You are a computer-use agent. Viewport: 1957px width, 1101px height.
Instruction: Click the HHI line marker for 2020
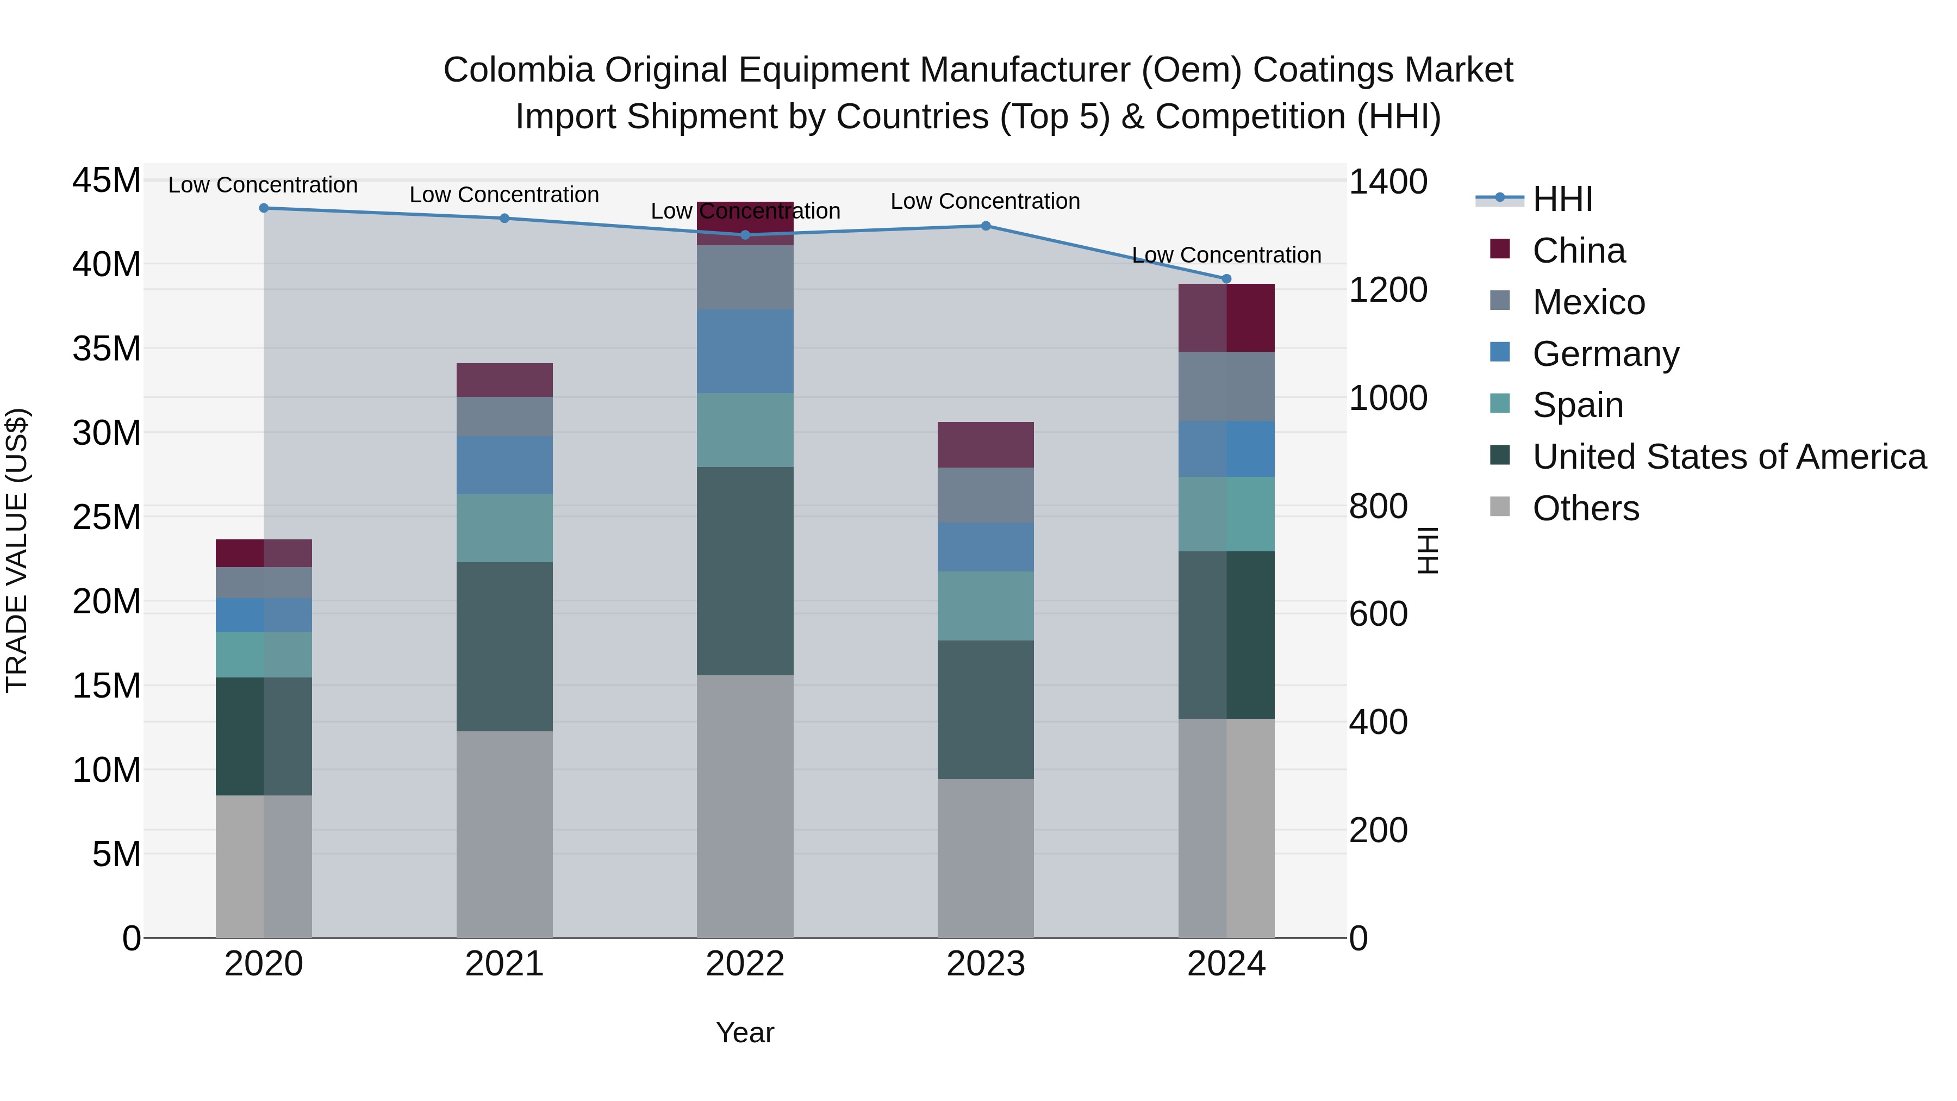[264, 208]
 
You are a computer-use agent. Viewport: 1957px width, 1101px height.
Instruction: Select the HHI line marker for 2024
[1226, 279]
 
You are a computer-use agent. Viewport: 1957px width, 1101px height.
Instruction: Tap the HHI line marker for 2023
[986, 226]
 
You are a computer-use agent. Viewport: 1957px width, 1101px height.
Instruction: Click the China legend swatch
[1500, 249]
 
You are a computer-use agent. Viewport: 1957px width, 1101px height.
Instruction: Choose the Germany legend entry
[1605, 354]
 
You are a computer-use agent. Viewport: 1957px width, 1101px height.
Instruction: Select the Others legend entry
[1586, 508]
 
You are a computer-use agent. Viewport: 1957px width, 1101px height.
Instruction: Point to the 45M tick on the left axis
[107, 181]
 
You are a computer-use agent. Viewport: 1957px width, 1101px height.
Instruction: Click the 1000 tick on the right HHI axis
[1387, 398]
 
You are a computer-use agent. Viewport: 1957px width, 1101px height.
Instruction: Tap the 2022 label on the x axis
[745, 964]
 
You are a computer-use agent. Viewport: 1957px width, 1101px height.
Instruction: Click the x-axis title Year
[745, 1032]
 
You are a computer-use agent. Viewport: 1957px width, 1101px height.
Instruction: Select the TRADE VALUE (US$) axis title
[17, 550]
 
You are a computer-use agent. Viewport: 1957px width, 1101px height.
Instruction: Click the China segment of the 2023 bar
[986, 445]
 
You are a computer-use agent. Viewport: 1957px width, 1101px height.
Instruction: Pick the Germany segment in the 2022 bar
[745, 351]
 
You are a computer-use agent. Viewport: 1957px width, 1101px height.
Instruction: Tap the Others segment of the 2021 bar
[504, 833]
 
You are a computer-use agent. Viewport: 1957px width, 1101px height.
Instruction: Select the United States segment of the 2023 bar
[986, 709]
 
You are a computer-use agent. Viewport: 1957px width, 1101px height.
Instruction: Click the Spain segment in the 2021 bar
[504, 528]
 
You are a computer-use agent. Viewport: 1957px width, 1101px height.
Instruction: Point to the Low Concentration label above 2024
[1226, 256]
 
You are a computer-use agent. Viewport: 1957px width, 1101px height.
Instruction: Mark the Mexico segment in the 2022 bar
[745, 277]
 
